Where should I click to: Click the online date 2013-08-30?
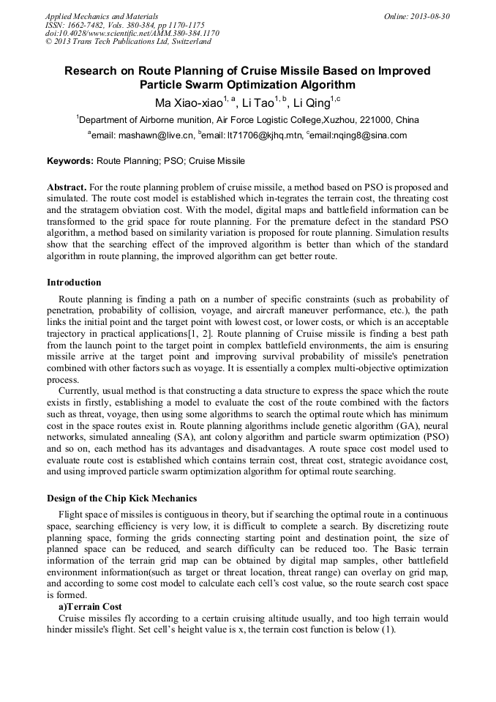coord(429,15)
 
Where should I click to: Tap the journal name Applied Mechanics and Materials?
coord(102,15)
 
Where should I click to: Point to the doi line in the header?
coord(132,33)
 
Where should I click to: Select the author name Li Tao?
coord(258,102)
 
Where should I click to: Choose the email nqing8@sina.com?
coord(370,135)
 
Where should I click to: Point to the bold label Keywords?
coord(70,160)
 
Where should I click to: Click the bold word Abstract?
coord(67,187)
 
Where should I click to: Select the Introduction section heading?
coord(74,282)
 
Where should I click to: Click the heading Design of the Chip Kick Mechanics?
coord(121,499)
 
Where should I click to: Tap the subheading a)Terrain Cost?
coord(90,607)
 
